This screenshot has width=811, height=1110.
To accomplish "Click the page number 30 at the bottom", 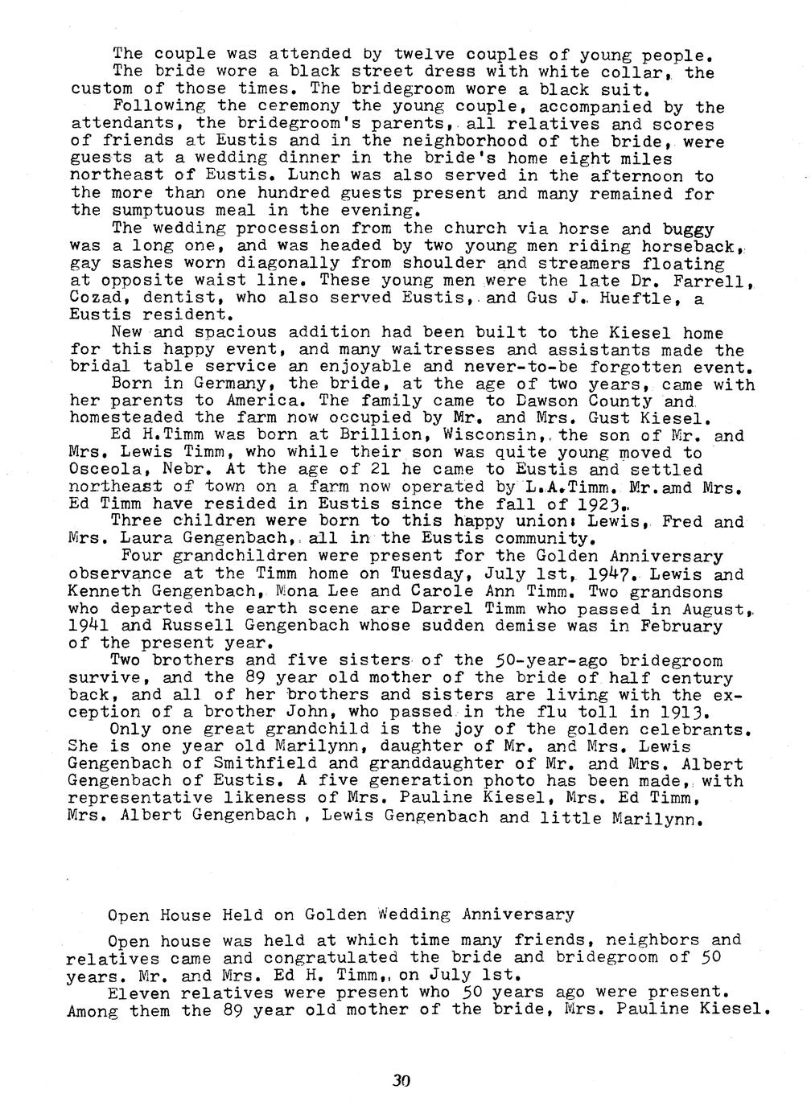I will tap(401, 1081).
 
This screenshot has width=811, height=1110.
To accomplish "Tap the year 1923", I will tap(599, 504).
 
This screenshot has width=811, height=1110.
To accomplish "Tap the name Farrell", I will tap(713, 281).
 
